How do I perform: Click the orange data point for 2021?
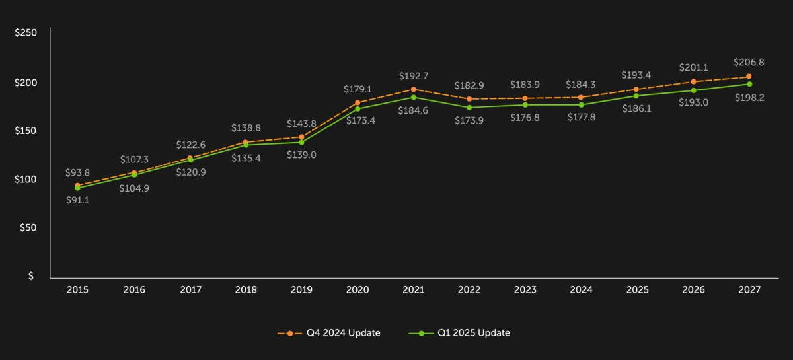(x=414, y=89)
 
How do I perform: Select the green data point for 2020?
(x=358, y=108)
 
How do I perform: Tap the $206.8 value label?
(x=749, y=63)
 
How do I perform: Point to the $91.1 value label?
(x=77, y=200)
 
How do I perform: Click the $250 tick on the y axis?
(x=26, y=32)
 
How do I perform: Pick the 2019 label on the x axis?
(x=301, y=290)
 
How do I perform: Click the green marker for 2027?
(x=749, y=84)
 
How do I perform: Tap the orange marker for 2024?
(x=582, y=97)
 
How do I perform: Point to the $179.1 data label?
(x=358, y=89)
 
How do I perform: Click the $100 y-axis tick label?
(x=26, y=179)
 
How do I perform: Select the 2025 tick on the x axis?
(x=638, y=290)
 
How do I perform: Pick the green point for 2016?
(x=134, y=175)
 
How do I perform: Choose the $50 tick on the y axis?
(x=28, y=228)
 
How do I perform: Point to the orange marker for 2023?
(x=525, y=98)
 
